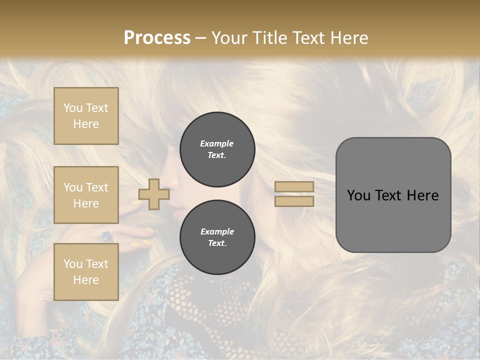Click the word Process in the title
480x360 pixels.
(x=157, y=38)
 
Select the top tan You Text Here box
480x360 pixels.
(x=86, y=116)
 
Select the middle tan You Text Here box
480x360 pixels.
(x=86, y=195)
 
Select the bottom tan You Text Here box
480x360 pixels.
(x=86, y=272)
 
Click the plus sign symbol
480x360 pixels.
(x=154, y=194)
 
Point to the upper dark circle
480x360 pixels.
(x=217, y=149)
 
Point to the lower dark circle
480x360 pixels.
(x=217, y=237)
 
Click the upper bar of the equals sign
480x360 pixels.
(x=294, y=186)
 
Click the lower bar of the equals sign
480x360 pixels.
(x=294, y=201)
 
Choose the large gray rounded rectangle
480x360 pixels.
(x=393, y=195)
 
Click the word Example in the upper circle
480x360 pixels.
(x=217, y=143)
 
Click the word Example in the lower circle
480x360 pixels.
(x=217, y=231)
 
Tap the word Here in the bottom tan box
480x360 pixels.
(x=86, y=280)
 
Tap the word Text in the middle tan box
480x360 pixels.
(x=96, y=187)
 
